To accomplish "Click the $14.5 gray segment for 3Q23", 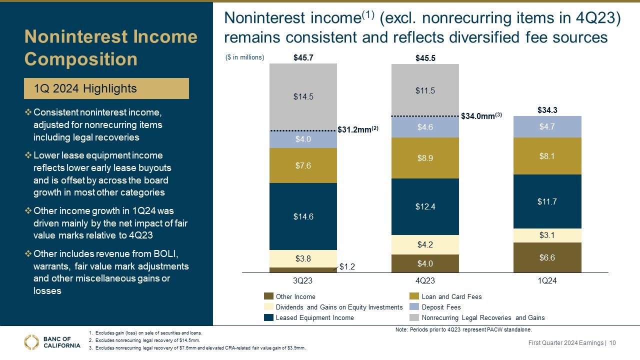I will (x=303, y=97).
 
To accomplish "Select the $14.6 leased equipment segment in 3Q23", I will (x=303, y=216).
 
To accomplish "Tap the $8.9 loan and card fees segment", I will (x=425, y=158).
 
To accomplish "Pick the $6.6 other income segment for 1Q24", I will (x=547, y=257).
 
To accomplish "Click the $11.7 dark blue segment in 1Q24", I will (x=547, y=201).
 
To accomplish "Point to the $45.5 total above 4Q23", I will (x=425, y=58).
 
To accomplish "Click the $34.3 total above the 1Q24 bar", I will (x=547, y=109).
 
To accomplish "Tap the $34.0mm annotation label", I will (x=481, y=115).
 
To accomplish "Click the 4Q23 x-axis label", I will (x=425, y=281).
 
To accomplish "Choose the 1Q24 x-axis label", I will (x=547, y=281).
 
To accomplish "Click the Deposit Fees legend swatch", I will (x=414, y=307).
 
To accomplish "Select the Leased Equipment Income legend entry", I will (x=314, y=317).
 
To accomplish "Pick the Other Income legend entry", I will (x=295, y=296).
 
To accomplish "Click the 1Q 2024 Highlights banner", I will (x=106, y=88).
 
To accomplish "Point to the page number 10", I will (x=612, y=342).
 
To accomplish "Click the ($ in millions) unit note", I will (x=244, y=57).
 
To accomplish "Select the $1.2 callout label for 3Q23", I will (x=347, y=267).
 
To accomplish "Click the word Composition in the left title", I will (x=81, y=59).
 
